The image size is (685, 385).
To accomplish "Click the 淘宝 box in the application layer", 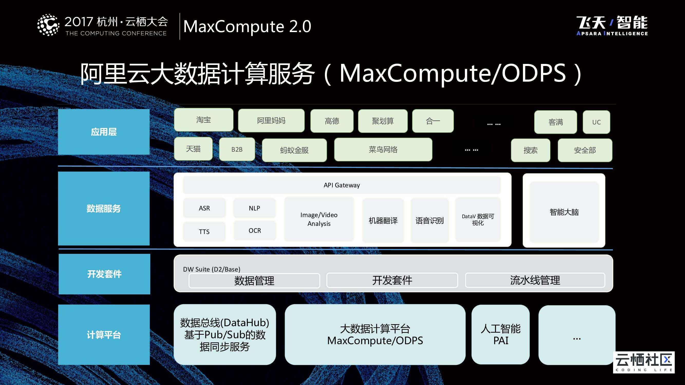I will pyautogui.click(x=203, y=120).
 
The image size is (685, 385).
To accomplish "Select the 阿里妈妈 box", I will pyautogui.click(x=271, y=121).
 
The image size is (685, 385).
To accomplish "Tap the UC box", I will pyautogui.click(x=596, y=122).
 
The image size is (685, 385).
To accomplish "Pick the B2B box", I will pyautogui.click(x=237, y=149).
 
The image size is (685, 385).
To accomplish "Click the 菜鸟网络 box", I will pyautogui.click(x=383, y=150).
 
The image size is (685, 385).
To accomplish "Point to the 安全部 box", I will pyautogui.click(x=585, y=150).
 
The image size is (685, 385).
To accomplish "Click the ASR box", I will pyautogui.click(x=204, y=208).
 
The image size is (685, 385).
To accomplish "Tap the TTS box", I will pyautogui.click(x=204, y=232).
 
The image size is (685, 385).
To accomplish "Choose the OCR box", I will pyautogui.click(x=255, y=230).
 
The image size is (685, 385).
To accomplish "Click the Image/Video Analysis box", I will pyautogui.click(x=319, y=219).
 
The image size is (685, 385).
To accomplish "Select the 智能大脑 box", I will pyautogui.click(x=564, y=212).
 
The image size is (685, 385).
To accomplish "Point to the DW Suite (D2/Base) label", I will pyautogui.click(x=211, y=269).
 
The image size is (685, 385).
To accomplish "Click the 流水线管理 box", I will pyautogui.click(x=535, y=280).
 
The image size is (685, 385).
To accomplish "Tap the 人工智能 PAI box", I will pyautogui.click(x=500, y=334).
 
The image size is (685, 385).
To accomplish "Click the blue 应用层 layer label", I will pyautogui.click(x=104, y=132).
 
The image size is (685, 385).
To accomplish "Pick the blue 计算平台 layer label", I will pyautogui.click(x=104, y=334).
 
